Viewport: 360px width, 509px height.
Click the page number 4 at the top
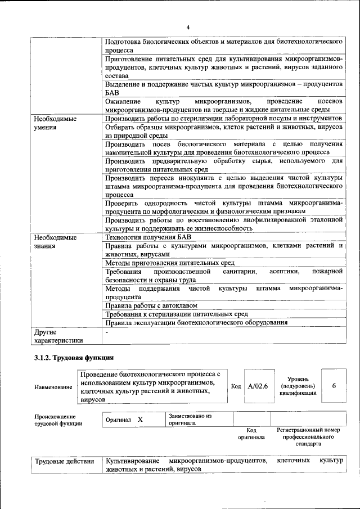tap(188, 27)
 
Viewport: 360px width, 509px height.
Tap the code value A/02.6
tap(258, 386)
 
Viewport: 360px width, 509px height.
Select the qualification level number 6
tap(334, 386)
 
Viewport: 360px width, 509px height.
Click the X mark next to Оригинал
tap(140, 420)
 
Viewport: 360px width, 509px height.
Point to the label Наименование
tap(53, 387)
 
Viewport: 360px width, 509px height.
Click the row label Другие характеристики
tap(58, 336)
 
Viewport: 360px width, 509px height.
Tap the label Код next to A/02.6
tap(236, 386)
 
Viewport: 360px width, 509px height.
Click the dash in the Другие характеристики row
tap(106, 332)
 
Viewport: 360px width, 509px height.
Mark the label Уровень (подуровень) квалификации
tap(297, 386)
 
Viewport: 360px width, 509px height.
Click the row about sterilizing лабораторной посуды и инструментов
tap(223, 119)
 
